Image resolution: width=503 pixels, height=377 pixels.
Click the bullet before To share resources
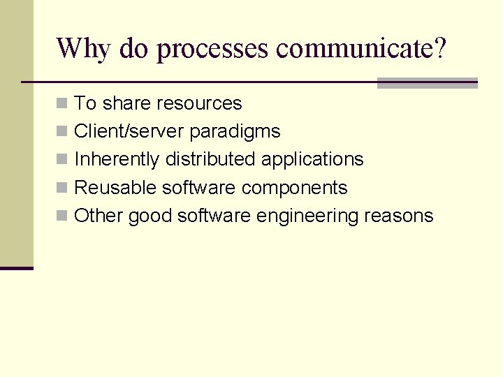coord(62,103)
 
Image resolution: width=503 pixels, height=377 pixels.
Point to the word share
coord(126,103)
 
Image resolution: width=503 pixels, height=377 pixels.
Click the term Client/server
coord(129,131)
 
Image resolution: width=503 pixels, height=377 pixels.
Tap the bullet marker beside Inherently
coord(62,159)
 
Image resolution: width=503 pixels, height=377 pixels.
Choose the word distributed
coord(211,159)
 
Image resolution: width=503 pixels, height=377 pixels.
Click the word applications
coord(312,160)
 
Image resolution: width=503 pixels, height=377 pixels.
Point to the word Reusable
coord(115,188)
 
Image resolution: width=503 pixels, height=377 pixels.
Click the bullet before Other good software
coord(62,216)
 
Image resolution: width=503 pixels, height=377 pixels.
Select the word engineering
coord(307,216)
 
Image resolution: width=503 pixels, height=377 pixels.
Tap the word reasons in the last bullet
coord(399,216)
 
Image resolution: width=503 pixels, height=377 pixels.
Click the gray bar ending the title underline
coord(427,83)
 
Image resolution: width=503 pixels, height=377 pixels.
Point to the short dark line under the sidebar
coord(17,268)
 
